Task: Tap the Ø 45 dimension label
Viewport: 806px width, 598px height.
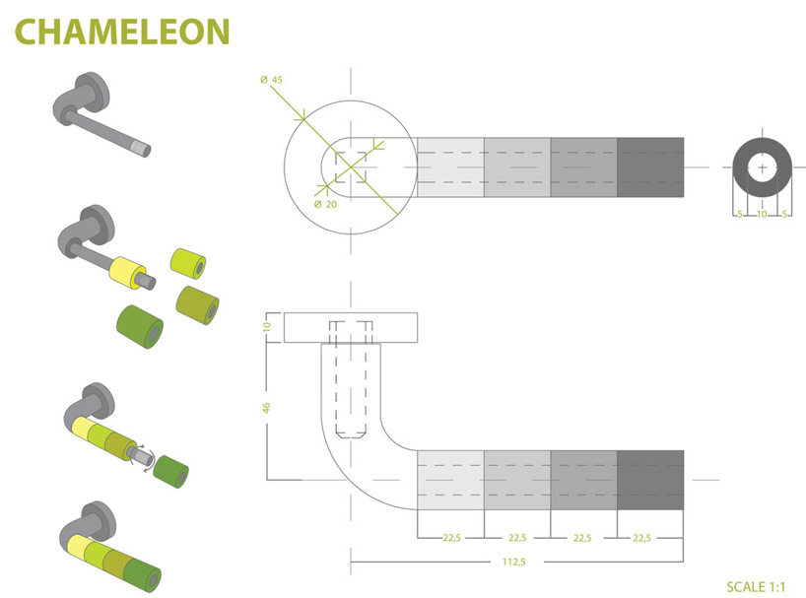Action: click(x=272, y=78)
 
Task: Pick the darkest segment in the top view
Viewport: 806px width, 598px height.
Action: click(x=649, y=166)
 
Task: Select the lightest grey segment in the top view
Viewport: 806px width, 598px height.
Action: click(x=450, y=166)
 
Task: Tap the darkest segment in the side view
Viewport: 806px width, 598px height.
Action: click(x=649, y=479)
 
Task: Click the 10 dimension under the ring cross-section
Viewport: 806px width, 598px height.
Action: click(x=762, y=214)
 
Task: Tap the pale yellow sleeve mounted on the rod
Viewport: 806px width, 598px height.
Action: click(x=126, y=270)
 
